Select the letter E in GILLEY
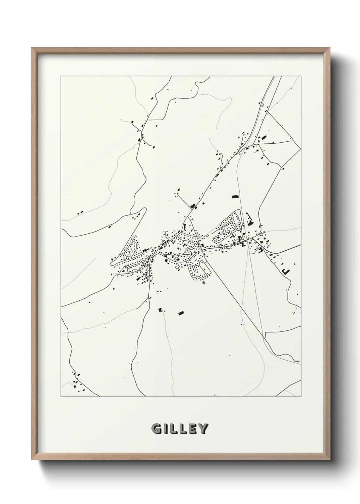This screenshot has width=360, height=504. pos(192,429)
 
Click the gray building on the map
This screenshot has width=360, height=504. pos(204,282)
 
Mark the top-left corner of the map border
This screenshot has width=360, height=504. pos(61,76)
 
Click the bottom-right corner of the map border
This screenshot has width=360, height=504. pos(301,397)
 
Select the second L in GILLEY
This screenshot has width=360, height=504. pos(183,429)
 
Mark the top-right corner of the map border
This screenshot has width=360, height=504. pos(301,76)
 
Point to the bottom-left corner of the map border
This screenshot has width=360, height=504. pos(61,397)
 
